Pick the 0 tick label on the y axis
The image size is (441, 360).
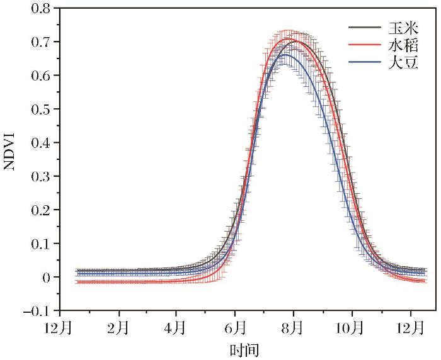click(x=47, y=277)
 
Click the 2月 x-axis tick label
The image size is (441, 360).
click(x=119, y=328)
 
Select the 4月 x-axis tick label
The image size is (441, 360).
click(x=177, y=328)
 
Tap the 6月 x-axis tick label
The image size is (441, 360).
click(x=235, y=328)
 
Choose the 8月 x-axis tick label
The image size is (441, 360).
click(x=293, y=328)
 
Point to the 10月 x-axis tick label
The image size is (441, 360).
click(x=351, y=328)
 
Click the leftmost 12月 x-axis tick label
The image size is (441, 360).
click(x=61, y=328)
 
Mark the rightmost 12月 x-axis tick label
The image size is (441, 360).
click(x=410, y=328)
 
